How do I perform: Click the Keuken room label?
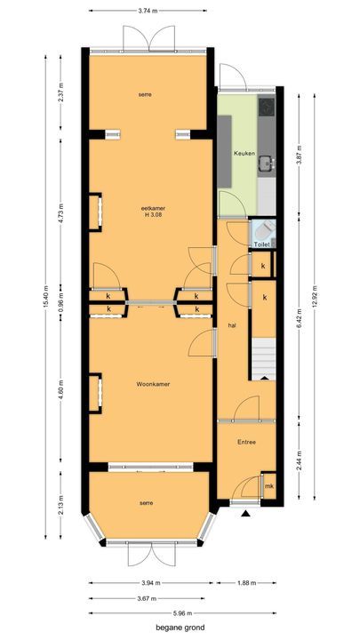click(x=244, y=154)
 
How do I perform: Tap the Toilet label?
click(x=261, y=244)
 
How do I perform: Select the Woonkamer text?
click(x=153, y=384)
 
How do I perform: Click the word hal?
click(x=232, y=325)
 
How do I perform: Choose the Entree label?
click(x=246, y=442)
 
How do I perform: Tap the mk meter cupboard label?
click(x=268, y=486)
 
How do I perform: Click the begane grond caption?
click(x=180, y=628)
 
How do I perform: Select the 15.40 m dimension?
click(x=45, y=297)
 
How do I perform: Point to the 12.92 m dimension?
click(x=315, y=297)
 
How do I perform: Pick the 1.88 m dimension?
click(x=246, y=583)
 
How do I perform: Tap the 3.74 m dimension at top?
click(x=148, y=11)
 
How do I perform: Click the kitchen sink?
click(x=267, y=164)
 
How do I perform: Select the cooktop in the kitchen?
click(x=267, y=106)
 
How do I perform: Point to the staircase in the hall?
click(x=264, y=358)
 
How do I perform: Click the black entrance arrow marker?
click(x=245, y=514)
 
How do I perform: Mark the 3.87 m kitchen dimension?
click(x=300, y=155)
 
